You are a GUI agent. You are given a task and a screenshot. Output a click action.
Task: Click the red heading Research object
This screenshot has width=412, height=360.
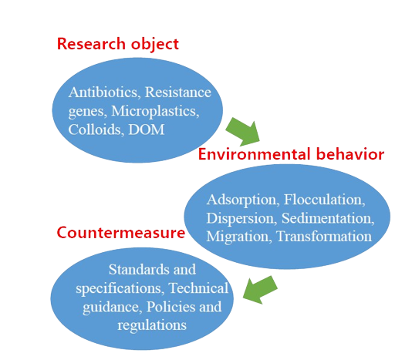118,44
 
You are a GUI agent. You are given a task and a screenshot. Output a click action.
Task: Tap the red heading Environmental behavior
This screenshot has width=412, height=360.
291,154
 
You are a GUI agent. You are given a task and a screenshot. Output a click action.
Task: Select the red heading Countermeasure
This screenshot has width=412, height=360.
121,233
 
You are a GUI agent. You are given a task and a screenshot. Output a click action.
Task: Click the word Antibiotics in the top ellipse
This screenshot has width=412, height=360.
103,93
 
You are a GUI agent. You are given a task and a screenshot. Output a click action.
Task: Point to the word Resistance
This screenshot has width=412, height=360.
178,93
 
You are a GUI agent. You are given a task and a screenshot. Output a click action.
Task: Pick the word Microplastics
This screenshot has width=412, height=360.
155,111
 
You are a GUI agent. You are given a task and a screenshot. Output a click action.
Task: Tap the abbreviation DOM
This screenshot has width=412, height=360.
147,130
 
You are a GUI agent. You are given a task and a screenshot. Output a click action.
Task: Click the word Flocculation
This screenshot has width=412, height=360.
325,200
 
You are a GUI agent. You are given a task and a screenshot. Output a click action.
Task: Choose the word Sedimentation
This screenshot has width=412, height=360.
328,218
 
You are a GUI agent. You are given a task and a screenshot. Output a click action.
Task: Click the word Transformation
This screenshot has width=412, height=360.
324,237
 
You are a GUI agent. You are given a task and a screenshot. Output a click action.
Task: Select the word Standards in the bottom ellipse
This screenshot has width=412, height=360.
139,270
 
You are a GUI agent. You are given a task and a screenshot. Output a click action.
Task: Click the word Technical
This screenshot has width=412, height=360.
198,288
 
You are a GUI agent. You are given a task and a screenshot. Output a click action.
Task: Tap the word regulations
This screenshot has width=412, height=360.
152,325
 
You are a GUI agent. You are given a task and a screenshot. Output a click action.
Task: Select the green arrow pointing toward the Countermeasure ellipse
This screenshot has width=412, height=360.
260,290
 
